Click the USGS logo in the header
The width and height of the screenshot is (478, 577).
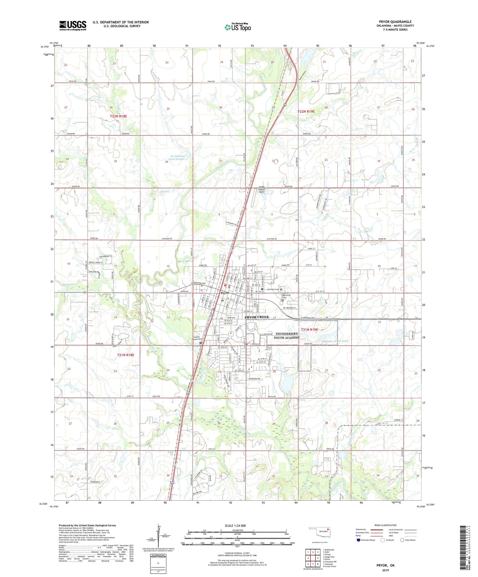pyautogui.click(x=73, y=25)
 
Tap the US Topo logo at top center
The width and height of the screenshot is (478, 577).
pyautogui.click(x=238, y=27)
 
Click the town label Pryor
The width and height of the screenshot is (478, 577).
pyautogui.click(x=225, y=293)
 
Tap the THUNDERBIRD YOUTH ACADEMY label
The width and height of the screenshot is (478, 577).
pyautogui.click(x=287, y=335)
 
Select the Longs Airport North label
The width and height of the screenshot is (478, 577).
pyautogui.click(x=262, y=189)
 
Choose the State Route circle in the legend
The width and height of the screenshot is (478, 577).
pyautogui.click(x=402, y=540)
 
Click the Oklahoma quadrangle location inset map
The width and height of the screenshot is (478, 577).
pyautogui.click(x=319, y=532)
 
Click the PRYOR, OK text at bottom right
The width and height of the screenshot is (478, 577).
pyautogui.click(x=385, y=565)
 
